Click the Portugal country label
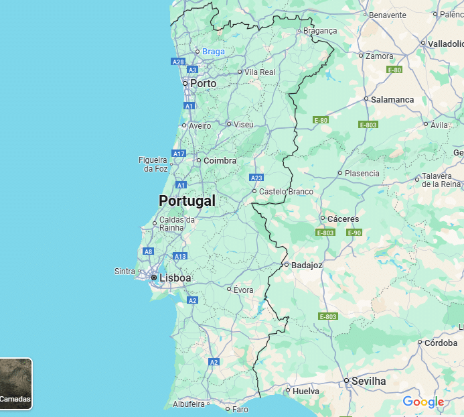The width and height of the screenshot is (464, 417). [x=187, y=200]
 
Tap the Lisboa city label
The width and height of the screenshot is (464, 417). [x=175, y=278]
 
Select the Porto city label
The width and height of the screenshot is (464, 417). [x=203, y=83]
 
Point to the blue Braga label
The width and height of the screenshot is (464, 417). [x=214, y=51]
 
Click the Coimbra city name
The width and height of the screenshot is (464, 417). [x=220, y=160]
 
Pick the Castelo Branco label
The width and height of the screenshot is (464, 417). [x=286, y=191]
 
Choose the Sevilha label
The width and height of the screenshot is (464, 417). [x=369, y=381]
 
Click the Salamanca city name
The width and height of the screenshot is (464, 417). [x=393, y=99]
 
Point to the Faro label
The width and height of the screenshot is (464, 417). [x=240, y=409]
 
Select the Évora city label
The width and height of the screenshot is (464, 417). [x=243, y=290]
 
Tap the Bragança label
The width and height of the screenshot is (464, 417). [x=320, y=30]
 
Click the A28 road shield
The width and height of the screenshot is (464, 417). [x=177, y=62]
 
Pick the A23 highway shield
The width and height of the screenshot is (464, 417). [x=256, y=178]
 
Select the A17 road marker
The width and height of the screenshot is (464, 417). [x=178, y=154]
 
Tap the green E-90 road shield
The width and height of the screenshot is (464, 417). [x=354, y=233]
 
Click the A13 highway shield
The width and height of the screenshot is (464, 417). [x=179, y=256]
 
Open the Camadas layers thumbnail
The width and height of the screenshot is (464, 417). [x=15, y=383]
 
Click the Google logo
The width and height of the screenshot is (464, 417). [x=423, y=402]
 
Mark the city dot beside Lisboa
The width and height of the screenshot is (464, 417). [x=153, y=277]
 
